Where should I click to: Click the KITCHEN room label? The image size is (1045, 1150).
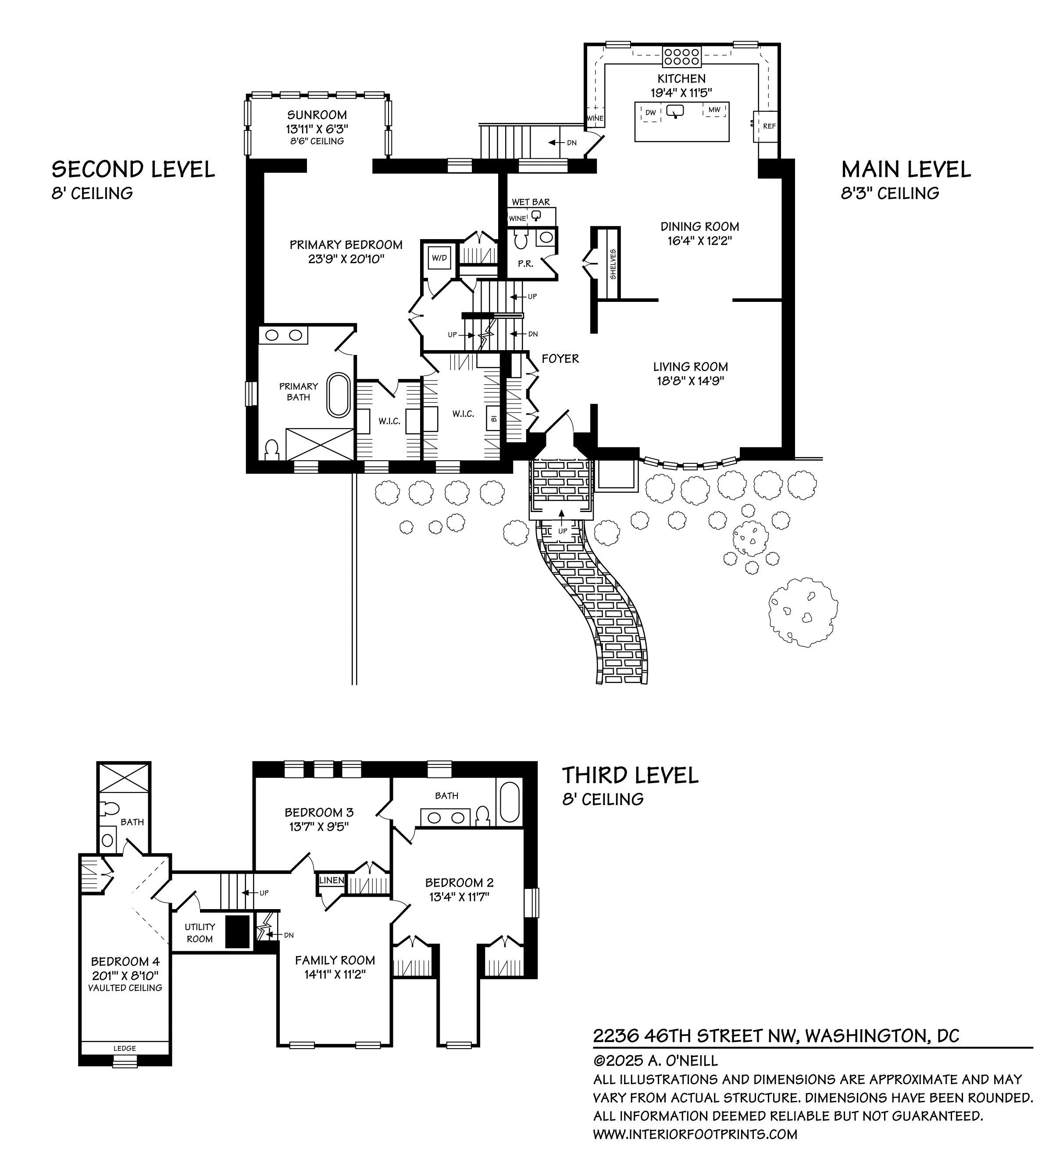tap(681, 79)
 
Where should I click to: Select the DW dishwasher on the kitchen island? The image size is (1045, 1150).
tap(650, 113)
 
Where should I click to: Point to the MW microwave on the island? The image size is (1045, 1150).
tap(714, 110)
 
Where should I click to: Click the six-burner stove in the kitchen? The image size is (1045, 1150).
tap(681, 56)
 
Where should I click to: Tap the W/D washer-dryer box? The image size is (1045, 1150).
tap(439, 258)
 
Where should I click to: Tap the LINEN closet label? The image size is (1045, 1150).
tap(331, 880)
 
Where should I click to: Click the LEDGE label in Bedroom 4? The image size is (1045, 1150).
tap(125, 1048)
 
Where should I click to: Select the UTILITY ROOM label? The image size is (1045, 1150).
tap(200, 933)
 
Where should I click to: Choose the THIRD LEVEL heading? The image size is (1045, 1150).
tap(630, 776)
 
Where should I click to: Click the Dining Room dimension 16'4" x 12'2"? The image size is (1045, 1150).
tap(699, 241)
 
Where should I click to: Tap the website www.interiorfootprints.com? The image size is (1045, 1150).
tap(695, 1134)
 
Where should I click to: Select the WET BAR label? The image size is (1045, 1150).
tap(531, 202)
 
